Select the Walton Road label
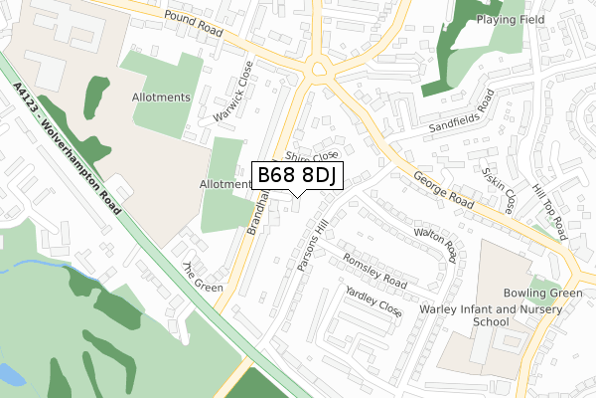(437, 244)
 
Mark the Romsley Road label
(373, 269)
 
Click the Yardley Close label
(373, 302)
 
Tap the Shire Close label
(311, 156)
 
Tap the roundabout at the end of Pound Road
(318, 70)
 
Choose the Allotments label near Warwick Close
(161, 98)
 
